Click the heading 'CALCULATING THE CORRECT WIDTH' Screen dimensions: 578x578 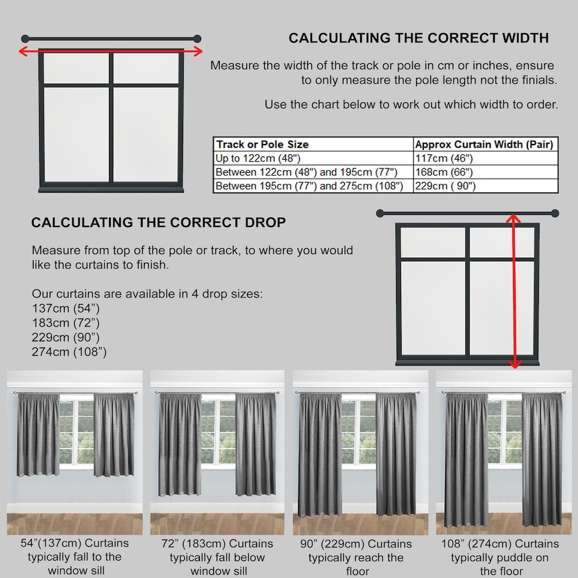point(418,38)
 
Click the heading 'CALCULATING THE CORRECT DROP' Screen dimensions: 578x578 point(158,222)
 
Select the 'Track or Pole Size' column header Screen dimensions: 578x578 point(263,144)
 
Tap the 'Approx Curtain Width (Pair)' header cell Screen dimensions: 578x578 point(484,144)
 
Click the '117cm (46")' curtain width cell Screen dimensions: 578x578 point(444,158)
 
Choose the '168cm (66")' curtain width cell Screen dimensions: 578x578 point(444,172)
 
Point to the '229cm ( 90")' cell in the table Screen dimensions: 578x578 point(446,186)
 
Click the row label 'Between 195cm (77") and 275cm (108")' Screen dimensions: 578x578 point(309,186)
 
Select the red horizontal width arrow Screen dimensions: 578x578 point(110,52)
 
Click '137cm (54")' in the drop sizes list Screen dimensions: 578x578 point(66,309)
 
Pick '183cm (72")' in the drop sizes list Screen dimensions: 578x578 point(66,323)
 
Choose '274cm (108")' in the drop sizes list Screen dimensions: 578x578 point(69,352)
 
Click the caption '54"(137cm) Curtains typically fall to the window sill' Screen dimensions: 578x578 point(75,557)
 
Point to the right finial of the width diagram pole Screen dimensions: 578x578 point(197,39)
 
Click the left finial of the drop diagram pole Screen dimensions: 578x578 point(380,213)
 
